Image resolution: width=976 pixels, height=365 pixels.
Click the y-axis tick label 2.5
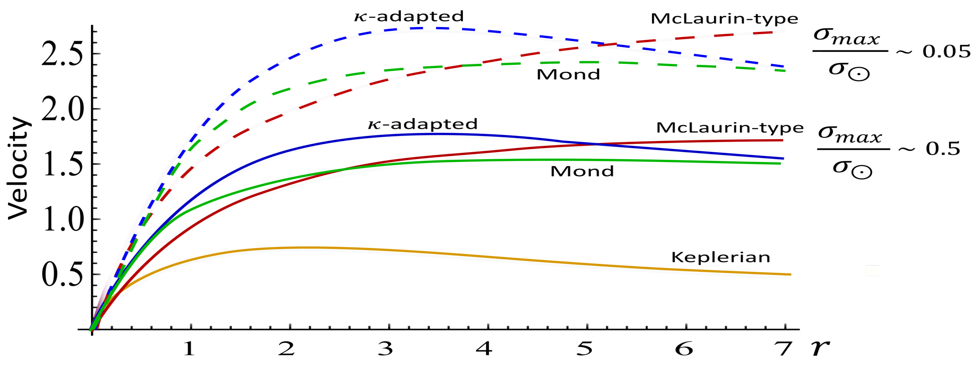pos(62,54)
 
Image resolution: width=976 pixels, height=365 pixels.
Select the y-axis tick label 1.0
pos(62,219)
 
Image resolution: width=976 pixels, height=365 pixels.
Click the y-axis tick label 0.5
pos(62,275)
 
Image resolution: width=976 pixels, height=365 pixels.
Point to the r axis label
pos(820,348)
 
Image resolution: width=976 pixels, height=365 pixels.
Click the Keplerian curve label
pos(721,258)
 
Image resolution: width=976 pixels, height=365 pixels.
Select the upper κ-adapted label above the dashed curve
pos(409,16)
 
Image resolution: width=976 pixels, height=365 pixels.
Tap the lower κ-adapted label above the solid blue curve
pos(422,124)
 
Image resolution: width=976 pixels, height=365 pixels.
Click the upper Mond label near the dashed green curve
pos(568,75)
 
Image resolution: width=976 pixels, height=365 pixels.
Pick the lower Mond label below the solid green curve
pos(582,172)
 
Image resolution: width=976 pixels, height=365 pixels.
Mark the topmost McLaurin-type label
pos(724,19)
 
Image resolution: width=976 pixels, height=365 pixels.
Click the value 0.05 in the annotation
pos(946,52)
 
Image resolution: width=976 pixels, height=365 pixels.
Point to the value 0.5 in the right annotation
pos(943,149)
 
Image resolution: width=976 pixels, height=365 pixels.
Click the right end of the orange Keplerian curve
pos(790,274)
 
